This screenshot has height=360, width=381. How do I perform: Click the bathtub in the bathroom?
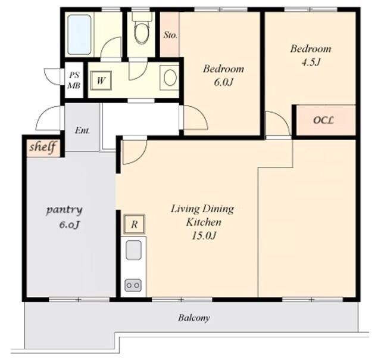point(79,35)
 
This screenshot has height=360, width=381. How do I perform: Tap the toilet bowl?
point(142,32)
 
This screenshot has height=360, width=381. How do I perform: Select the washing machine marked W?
point(101,80)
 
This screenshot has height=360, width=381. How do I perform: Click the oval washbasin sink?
point(170,77)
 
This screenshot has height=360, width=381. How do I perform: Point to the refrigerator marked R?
point(134,224)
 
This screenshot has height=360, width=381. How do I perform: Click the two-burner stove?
point(133,285)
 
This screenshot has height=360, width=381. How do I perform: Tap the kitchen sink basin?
point(133,250)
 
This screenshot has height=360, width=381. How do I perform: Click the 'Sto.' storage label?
point(170,35)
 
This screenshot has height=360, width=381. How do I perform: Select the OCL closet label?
point(323,120)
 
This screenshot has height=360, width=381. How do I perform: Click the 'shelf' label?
point(42,147)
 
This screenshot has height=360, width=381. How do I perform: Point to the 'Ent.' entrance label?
point(82,131)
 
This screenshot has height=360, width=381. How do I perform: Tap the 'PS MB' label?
point(74,80)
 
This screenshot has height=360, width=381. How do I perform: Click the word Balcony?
point(193,318)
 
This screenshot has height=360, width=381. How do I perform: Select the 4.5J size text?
point(310,63)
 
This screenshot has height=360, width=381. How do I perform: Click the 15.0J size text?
point(204,235)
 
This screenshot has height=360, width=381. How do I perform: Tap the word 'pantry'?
point(64,210)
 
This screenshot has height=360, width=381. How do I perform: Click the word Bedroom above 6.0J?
point(223,69)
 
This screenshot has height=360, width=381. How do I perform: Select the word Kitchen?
point(204,222)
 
